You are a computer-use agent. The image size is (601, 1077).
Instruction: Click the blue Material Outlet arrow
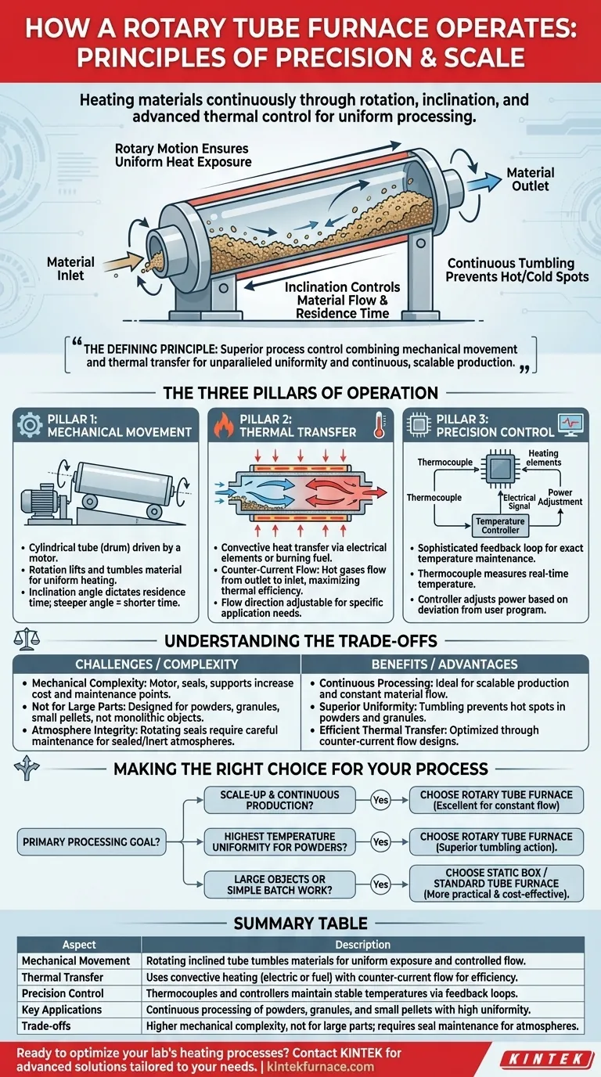484,182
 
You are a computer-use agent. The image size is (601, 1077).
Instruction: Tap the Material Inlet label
70,268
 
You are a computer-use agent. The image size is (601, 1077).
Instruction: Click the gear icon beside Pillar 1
30,425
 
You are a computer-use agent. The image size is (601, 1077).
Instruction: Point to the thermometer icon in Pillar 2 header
380,425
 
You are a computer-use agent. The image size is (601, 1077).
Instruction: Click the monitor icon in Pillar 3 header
571,426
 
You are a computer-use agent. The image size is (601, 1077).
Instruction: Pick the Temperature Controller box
500,525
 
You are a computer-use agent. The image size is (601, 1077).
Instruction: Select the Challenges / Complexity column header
157,664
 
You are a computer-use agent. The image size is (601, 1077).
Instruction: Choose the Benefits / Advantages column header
444,664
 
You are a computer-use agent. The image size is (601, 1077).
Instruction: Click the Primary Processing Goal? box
92,841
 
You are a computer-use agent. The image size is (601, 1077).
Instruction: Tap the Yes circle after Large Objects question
380,884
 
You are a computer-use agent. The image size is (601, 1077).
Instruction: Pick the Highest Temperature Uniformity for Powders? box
280,841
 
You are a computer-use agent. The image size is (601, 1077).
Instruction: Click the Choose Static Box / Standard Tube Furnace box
496,883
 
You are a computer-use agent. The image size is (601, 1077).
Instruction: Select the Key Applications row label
62,1009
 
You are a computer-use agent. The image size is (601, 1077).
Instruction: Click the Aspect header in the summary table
79,944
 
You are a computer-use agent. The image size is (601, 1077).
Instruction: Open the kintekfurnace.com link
320,1066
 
